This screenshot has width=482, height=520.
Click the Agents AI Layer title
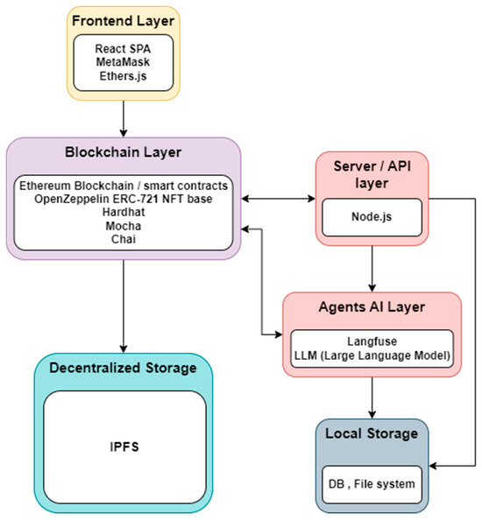(x=372, y=308)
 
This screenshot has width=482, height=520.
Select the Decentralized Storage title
(x=123, y=368)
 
